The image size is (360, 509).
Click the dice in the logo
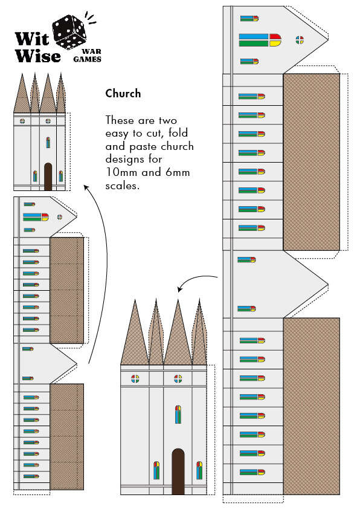click(x=71, y=31)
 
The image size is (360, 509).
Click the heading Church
click(x=123, y=94)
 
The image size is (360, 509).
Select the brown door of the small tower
click(x=48, y=177)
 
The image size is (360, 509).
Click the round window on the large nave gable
click(x=300, y=40)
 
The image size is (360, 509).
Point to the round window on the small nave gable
click(x=59, y=216)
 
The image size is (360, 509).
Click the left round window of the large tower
click(x=135, y=379)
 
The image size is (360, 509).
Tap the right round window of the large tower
click(x=178, y=379)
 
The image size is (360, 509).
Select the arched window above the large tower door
click(x=178, y=414)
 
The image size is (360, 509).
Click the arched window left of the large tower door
click(x=156, y=470)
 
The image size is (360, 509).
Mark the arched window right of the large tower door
click(x=199, y=470)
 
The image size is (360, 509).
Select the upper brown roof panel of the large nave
click(x=311, y=163)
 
